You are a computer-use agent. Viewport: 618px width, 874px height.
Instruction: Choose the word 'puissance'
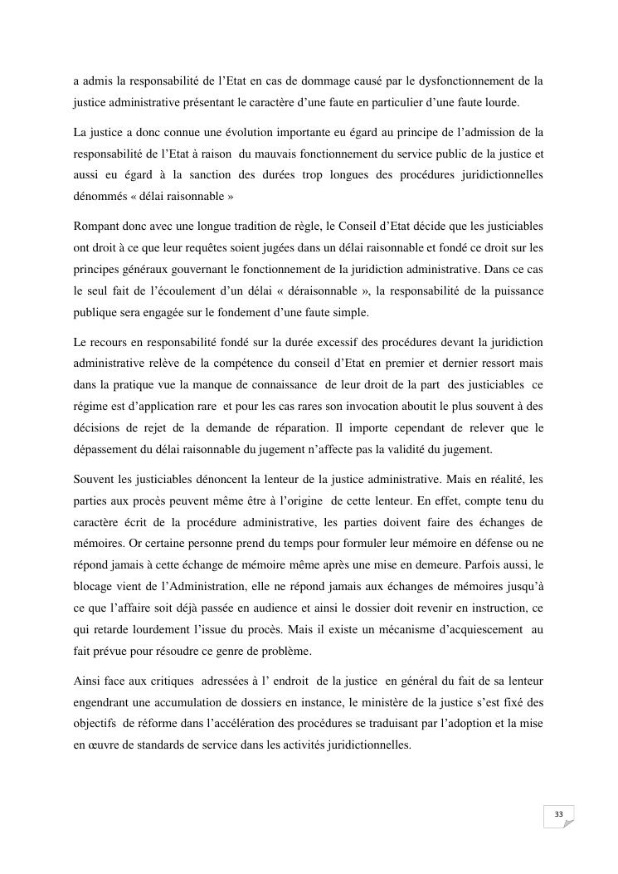pyautogui.click(x=514, y=291)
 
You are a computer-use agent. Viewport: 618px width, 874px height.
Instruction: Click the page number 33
pyautogui.click(x=558, y=815)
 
